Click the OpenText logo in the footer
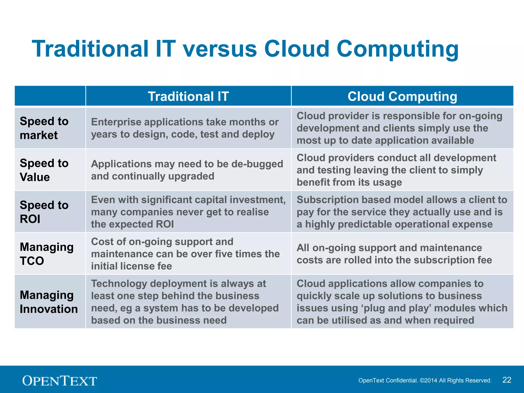(60, 380)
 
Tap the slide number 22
(507, 380)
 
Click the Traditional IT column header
(188, 96)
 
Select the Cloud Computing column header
(402, 96)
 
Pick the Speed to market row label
(44, 128)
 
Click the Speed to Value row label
(44, 170)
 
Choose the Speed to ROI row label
(44, 212)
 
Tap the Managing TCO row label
(46, 254)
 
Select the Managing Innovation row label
(49, 302)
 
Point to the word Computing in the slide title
(397, 49)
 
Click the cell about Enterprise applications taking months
(185, 128)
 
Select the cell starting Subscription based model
(402, 212)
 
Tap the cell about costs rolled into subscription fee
(394, 254)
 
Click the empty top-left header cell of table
(50, 96)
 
